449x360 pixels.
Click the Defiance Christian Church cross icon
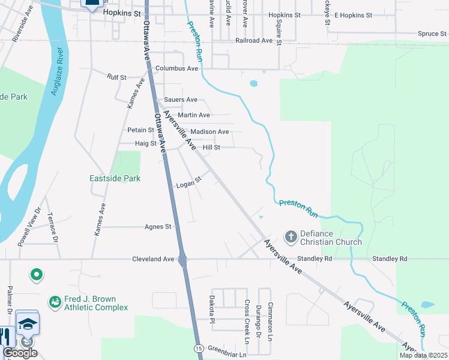(x=291, y=236)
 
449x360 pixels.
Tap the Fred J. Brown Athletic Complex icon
(x=55, y=301)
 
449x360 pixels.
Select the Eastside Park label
(x=115, y=178)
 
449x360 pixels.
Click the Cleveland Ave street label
(x=153, y=259)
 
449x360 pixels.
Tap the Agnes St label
(x=158, y=227)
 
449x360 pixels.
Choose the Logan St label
(x=188, y=184)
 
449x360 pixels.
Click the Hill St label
(x=211, y=147)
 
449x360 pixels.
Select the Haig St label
(x=146, y=143)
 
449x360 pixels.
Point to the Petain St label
(x=141, y=130)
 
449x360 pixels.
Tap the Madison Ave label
(x=209, y=131)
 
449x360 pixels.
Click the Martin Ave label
(x=194, y=115)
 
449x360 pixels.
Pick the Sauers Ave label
(x=181, y=100)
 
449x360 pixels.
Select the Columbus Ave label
(x=176, y=68)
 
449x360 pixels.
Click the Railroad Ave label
(x=255, y=40)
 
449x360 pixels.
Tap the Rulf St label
(x=116, y=77)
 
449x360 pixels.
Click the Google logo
(x=20, y=352)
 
